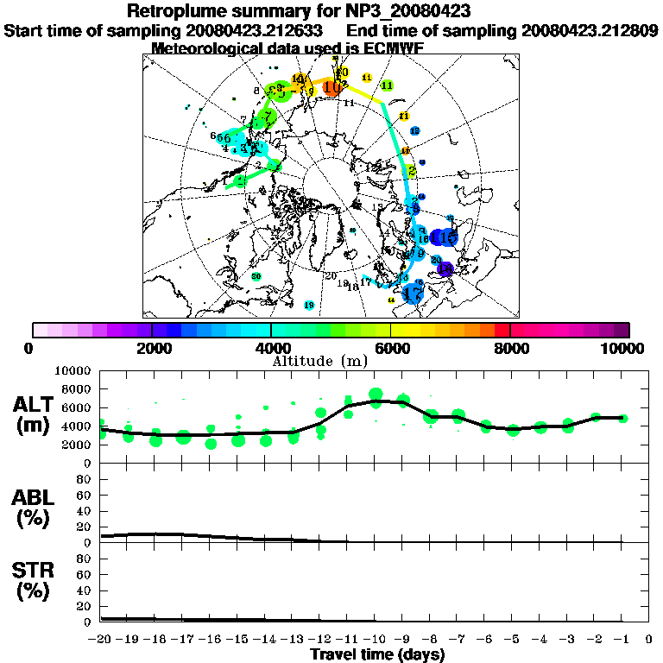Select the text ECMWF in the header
pos(394,48)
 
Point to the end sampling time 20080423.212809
pos(590,30)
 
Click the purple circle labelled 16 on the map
pos(445,268)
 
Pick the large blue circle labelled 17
pos(414,294)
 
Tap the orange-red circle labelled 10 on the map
pos(331,86)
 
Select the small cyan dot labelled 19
pos(310,305)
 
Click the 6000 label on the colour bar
pos(391,348)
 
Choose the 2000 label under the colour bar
pos(151,348)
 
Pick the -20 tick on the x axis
pos(101,639)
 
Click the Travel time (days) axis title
pos(377,654)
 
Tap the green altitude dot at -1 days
pos(622,418)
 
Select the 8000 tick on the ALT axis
pos(79,388)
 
